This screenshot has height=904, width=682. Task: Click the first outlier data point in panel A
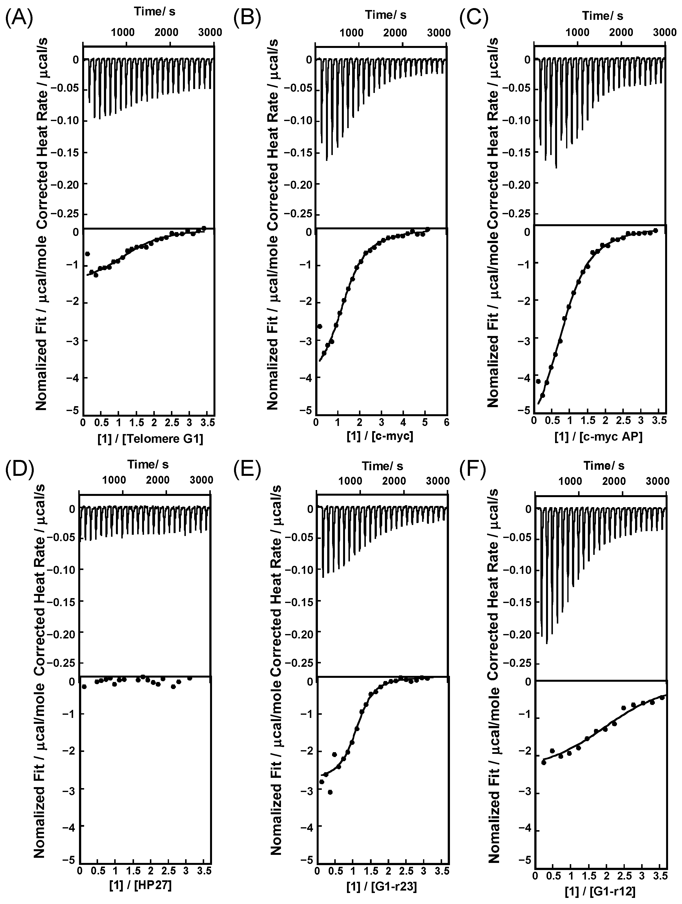87,254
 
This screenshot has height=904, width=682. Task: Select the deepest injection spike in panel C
556,167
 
